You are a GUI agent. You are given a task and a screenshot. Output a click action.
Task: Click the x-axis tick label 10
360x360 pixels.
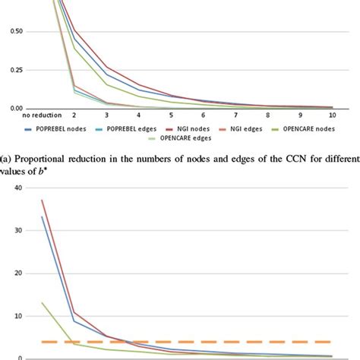(332, 115)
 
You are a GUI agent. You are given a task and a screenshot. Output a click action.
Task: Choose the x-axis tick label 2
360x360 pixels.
(74, 115)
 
